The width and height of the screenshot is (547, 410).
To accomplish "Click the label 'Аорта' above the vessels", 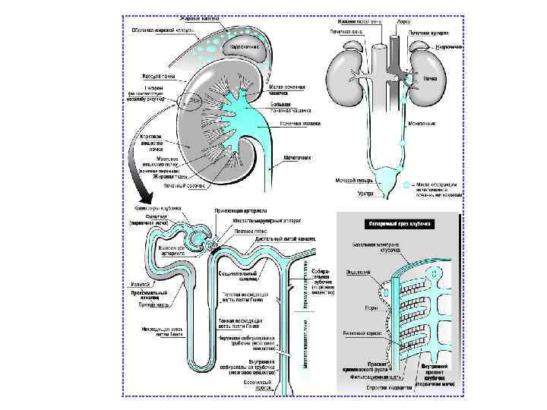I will coord(404,22).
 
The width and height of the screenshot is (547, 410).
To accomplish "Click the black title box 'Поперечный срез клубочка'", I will coord(400,225).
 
